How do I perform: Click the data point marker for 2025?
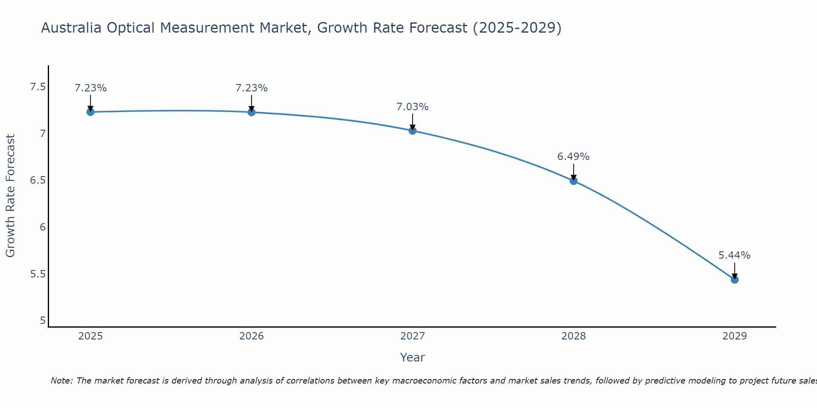pyautogui.click(x=90, y=112)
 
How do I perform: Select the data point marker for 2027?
pyautogui.click(x=412, y=131)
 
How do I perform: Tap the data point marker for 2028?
pyautogui.click(x=574, y=181)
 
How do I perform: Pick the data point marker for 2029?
pyautogui.click(x=734, y=279)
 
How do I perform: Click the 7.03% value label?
pyautogui.click(x=412, y=107)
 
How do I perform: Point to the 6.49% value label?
pyautogui.click(x=573, y=157)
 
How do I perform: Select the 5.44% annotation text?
pyautogui.click(x=734, y=255)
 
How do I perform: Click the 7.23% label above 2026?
pyautogui.click(x=251, y=88)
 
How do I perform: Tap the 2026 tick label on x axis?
pyautogui.click(x=251, y=336)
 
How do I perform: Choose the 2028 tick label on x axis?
pyautogui.click(x=574, y=336)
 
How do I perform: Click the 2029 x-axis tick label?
pyautogui.click(x=734, y=336)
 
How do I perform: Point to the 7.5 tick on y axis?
pyautogui.click(x=38, y=87)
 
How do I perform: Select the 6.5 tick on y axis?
pyautogui.click(x=38, y=180)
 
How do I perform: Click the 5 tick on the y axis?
pyautogui.click(x=43, y=321)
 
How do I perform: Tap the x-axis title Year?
pyautogui.click(x=412, y=357)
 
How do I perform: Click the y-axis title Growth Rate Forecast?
pyautogui.click(x=11, y=196)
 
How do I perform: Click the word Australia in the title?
pyautogui.click(x=71, y=28)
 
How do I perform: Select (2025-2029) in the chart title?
pyautogui.click(x=517, y=28)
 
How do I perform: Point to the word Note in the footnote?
pyautogui.click(x=61, y=381)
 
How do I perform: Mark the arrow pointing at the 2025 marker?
pyautogui.click(x=90, y=102)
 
